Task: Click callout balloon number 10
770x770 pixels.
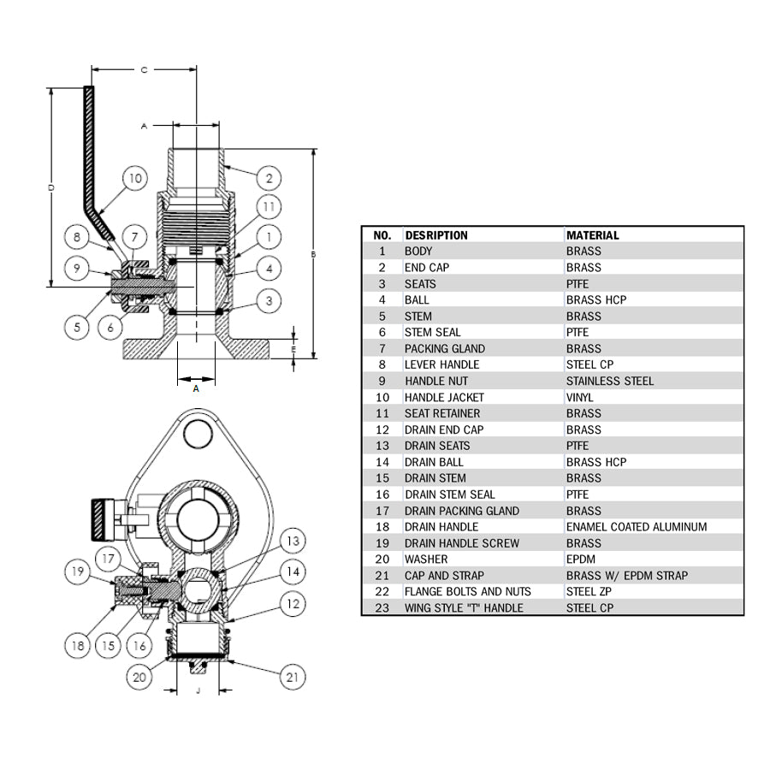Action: point(134,179)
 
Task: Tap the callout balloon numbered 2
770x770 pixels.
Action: point(269,178)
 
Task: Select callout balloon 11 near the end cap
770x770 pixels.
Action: point(269,207)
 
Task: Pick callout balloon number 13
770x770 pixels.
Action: point(293,541)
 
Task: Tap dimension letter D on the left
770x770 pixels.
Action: point(50,187)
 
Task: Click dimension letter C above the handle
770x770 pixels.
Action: point(144,70)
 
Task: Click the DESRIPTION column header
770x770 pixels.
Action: point(436,235)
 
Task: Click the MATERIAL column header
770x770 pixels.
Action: point(592,235)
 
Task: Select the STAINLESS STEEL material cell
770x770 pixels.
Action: point(609,381)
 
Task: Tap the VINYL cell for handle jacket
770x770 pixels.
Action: point(580,397)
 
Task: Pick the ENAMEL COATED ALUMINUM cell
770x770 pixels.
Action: point(636,527)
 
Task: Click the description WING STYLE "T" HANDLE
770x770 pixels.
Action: point(464,608)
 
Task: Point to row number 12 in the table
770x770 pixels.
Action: point(382,429)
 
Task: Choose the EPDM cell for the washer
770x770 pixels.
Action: point(580,560)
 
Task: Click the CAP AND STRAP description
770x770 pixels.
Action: point(444,576)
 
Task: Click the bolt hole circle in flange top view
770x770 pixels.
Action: point(198,434)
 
